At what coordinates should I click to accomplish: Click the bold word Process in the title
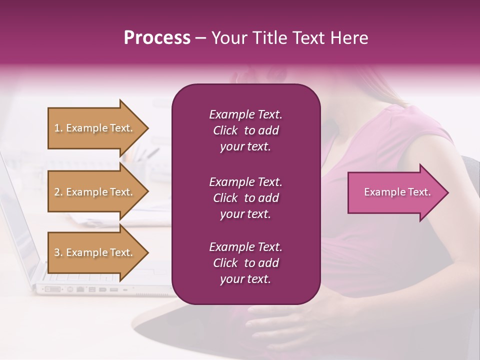(x=157, y=38)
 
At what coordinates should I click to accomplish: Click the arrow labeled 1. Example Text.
(x=95, y=128)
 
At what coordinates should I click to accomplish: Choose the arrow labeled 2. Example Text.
(x=95, y=192)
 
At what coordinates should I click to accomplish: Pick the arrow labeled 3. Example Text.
(x=95, y=252)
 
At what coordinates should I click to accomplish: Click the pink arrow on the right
(x=395, y=192)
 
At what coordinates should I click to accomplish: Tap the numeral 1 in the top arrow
(x=57, y=128)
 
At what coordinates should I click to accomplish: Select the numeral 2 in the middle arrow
(x=57, y=192)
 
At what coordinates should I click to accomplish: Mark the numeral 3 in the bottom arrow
(x=57, y=252)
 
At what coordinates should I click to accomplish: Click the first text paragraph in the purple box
(x=245, y=130)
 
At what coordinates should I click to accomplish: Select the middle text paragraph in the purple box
(x=245, y=198)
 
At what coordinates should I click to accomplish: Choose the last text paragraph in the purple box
(x=245, y=263)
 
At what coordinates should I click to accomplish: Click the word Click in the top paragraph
(x=225, y=130)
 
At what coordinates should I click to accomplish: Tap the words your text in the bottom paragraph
(x=245, y=279)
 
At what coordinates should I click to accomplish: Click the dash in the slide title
(x=200, y=38)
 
